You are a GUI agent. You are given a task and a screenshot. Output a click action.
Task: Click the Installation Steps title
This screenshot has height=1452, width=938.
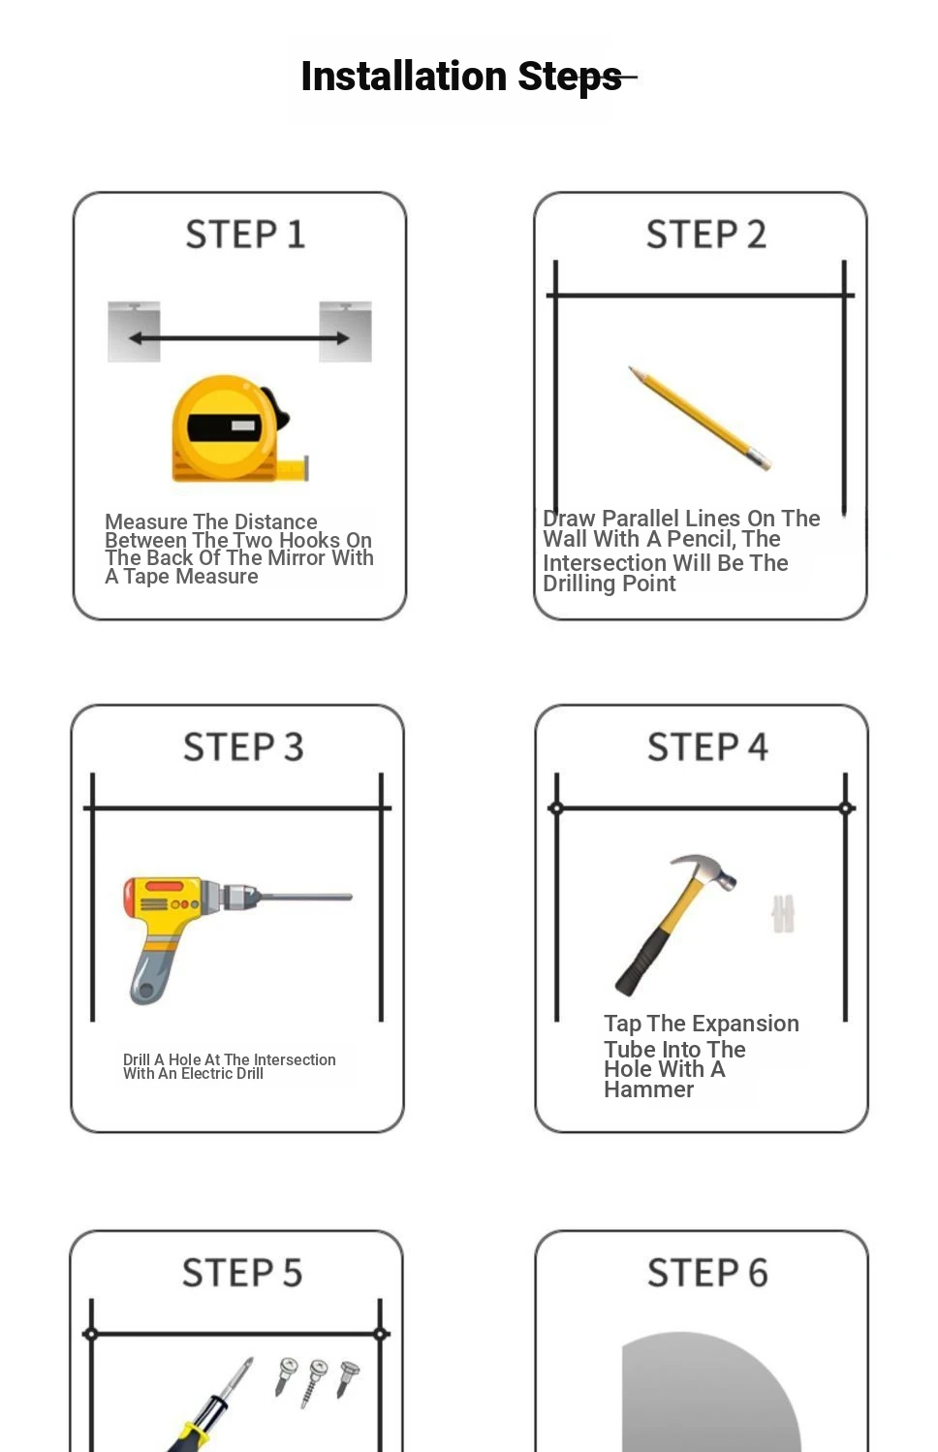[461, 77]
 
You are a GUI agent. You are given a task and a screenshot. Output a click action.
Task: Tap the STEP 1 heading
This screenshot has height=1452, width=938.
[245, 235]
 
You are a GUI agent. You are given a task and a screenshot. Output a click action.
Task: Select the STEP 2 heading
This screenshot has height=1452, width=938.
[706, 235]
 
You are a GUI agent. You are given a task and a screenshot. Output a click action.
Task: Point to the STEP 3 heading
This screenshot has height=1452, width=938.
[243, 746]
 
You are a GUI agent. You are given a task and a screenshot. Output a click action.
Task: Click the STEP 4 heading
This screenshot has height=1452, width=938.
[708, 746]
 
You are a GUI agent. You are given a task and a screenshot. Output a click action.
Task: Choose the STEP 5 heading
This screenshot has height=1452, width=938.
[242, 1272]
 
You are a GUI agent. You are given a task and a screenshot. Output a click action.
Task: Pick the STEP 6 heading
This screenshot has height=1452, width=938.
[708, 1272]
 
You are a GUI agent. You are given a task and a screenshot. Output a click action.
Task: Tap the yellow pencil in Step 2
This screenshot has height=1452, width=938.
[700, 418]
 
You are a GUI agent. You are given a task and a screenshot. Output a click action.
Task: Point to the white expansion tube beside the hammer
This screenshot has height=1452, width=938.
[783, 914]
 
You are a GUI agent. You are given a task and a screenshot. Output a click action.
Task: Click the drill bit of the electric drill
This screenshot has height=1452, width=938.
[306, 898]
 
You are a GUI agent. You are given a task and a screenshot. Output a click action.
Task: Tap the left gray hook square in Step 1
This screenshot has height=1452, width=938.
[134, 331]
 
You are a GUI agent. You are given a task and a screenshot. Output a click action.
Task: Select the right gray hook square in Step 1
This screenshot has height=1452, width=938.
[346, 331]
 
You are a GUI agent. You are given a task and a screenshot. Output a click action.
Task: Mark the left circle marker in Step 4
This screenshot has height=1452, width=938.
[556, 808]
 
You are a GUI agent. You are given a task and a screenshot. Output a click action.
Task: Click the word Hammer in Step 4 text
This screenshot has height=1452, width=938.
[649, 1089]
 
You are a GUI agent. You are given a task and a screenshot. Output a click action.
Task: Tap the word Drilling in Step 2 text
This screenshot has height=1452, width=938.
[578, 584]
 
